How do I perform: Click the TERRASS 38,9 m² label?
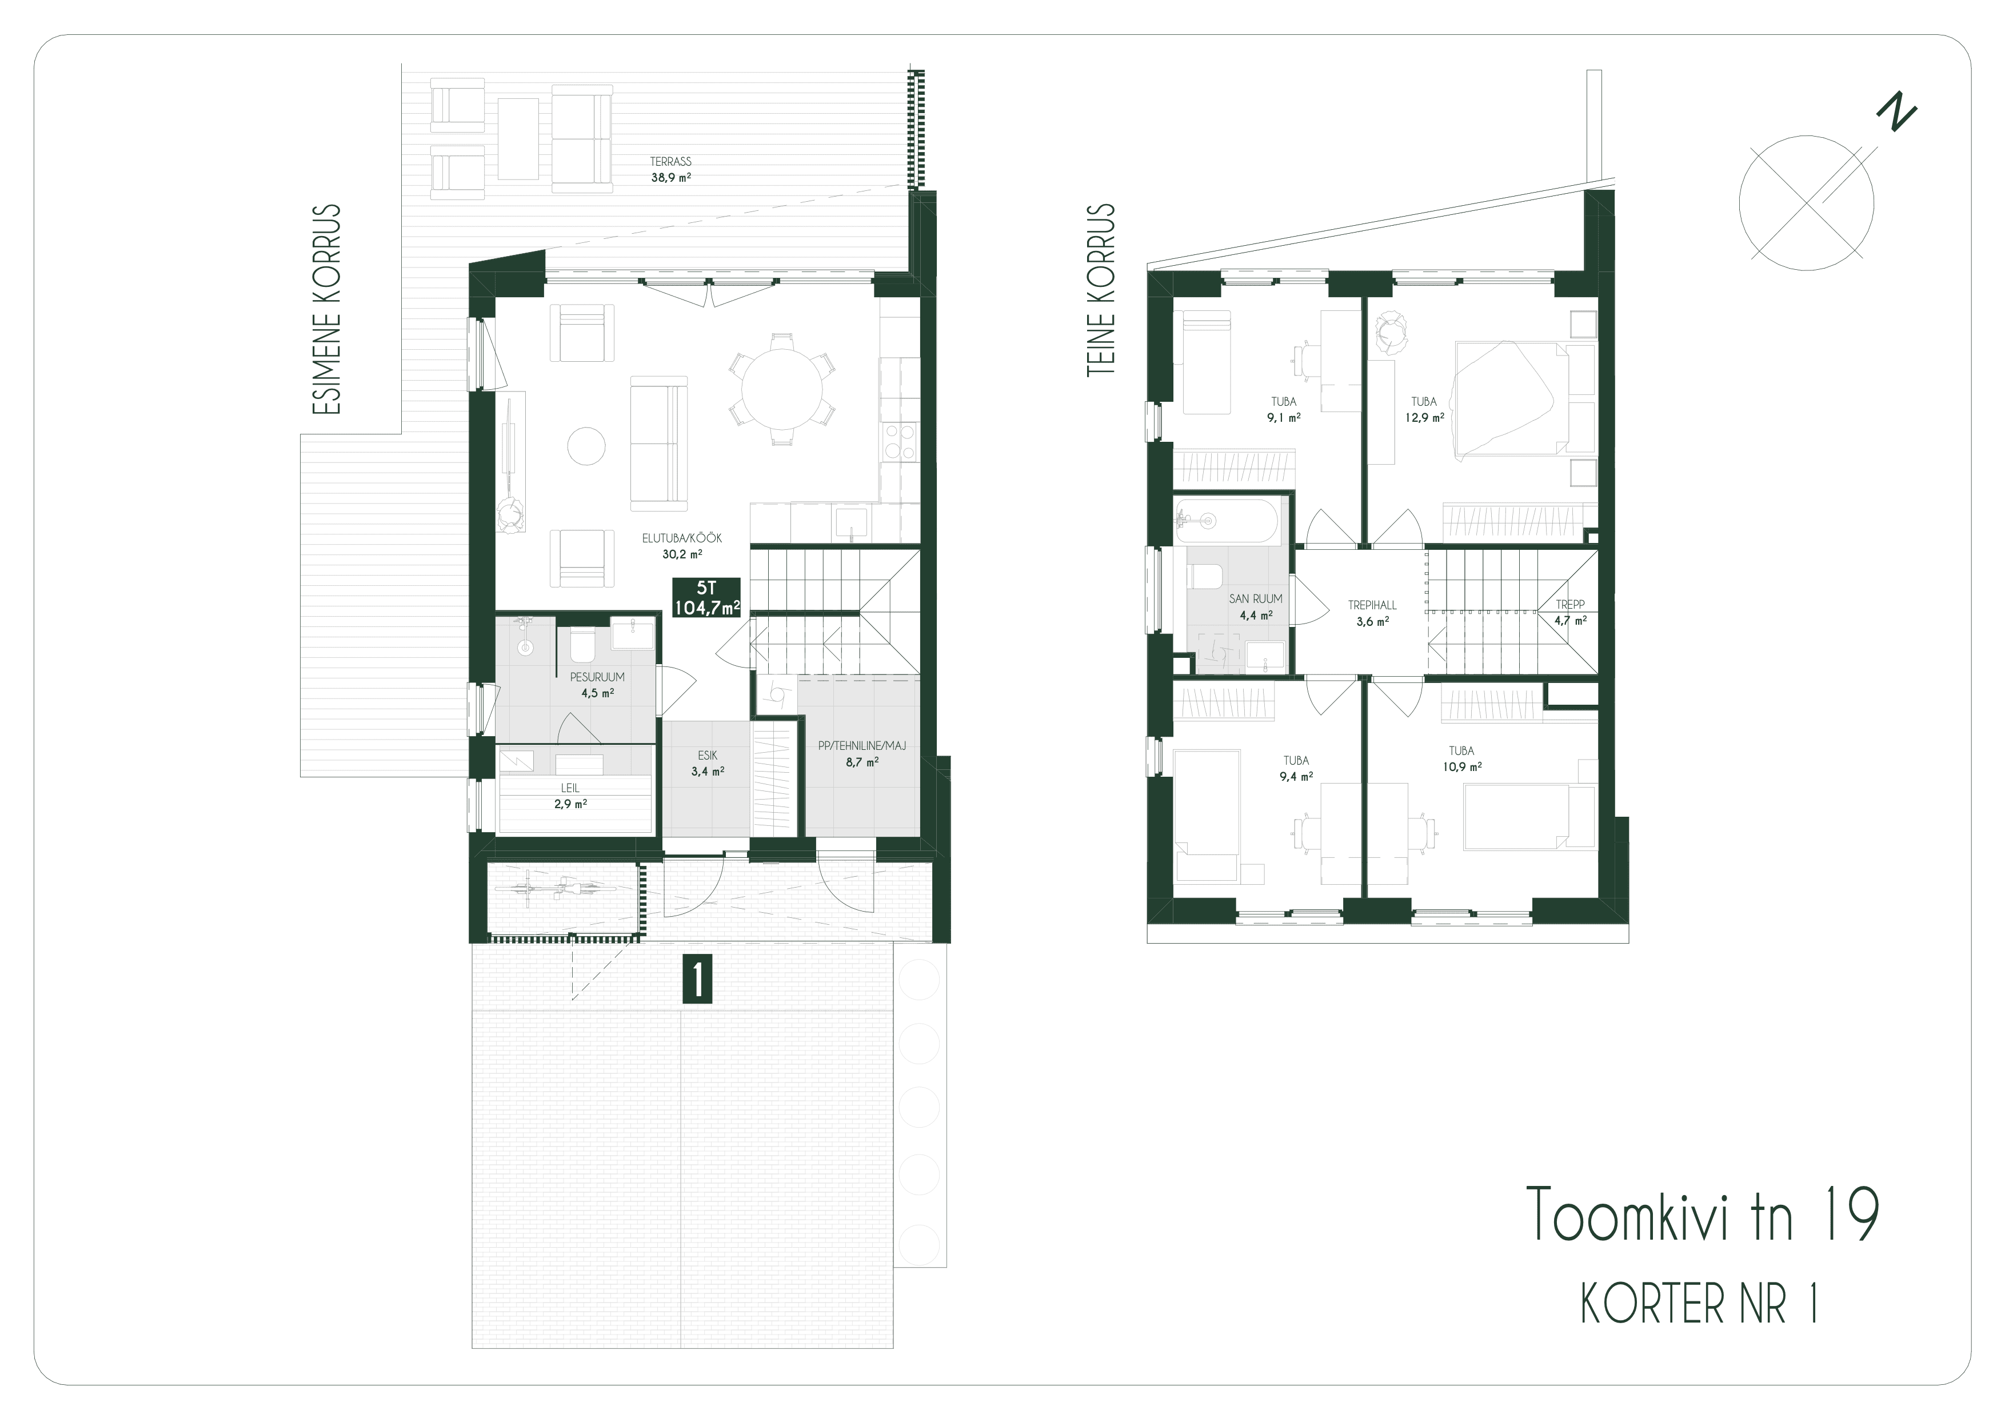coord(670,169)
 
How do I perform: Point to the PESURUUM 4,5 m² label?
coord(597,685)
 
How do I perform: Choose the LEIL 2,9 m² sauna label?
coord(570,796)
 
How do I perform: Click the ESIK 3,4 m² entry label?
coord(708,762)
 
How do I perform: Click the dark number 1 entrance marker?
coord(698,980)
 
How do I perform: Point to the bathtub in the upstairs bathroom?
coord(1227,521)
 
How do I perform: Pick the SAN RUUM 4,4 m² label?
coord(1256,606)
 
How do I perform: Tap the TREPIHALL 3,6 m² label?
coord(1372,613)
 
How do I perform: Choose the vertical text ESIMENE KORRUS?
coord(326,309)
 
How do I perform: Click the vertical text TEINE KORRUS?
coord(1101,290)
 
